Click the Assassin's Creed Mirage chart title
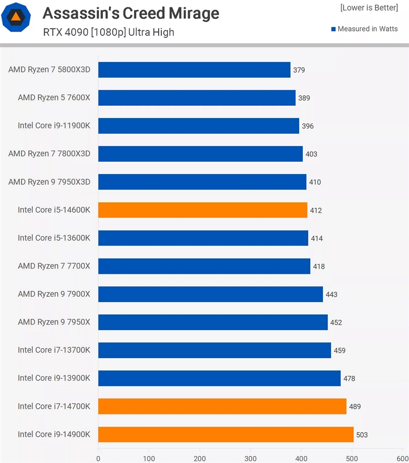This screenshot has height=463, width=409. pyautogui.click(x=131, y=14)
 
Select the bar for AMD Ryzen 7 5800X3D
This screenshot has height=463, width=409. pyautogui.click(x=194, y=70)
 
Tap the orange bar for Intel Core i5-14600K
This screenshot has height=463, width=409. pyautogui.click(x=202, y=210)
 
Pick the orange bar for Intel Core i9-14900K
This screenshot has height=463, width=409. pyautogui.click(x=226, y=435)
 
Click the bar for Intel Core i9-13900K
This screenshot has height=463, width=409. pyautogui.click(x=219, y=378)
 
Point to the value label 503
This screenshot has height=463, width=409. pyautogui.click(x=362, y=435)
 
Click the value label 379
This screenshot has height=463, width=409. pyautogui.click(x=299, y=70)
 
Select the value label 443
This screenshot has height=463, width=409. pyautogui.click(x=331, y=295)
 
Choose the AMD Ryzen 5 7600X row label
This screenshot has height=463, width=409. pyautogui.click(x=54, y=98)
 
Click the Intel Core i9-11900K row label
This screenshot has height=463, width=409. pyautogui.click(x=54, y=126)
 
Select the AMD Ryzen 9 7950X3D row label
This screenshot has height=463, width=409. pyautogui.click(x=49, y=182)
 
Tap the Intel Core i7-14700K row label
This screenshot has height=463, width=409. pyautogui.click(x=54, y=406)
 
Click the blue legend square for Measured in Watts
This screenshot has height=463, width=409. pyautogui.click(x=334, y=29)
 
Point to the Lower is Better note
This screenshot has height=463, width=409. pyautogui.click(x=369, y=8)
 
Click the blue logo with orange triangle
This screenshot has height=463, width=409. pyautogui.click(x=16, y=18)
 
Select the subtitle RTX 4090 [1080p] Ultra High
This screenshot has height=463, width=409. pyautogui.click(x=108, y=33)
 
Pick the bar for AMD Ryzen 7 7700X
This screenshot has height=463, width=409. pyautogui.click(x=204, y=266)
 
